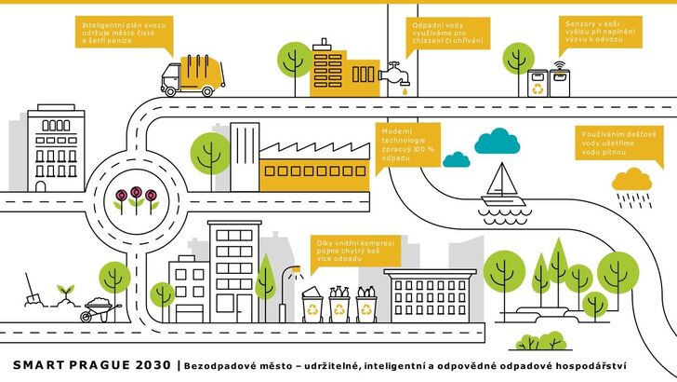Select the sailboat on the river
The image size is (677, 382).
point(503,180)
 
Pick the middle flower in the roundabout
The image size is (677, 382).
point(136,195)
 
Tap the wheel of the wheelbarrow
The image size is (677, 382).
point(88,317)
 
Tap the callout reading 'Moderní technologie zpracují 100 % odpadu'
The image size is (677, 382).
point(405,147)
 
